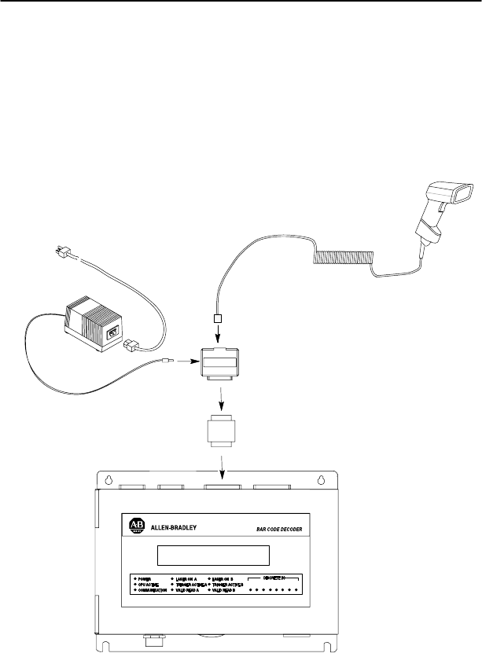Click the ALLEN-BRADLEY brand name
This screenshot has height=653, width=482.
click(x=175, y=528)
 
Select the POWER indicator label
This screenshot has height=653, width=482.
click(x=146, y=578)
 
